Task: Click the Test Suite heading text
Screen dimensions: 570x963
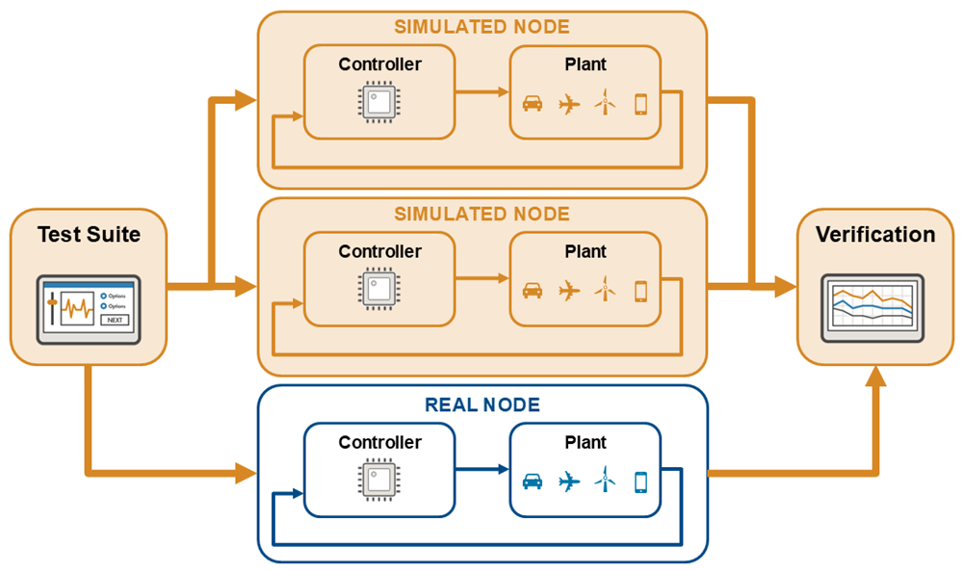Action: coord(89,234)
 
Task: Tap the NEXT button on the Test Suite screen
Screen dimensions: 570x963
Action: coord(115,320)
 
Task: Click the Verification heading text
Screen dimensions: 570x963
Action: coord(875,234)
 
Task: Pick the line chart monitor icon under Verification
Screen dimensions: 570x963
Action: coord(874,306)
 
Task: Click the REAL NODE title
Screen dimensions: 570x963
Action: coord(482,405)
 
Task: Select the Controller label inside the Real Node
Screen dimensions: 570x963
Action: coord(379,443)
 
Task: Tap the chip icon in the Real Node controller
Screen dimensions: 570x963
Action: coord(379,479)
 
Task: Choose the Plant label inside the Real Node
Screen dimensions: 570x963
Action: coord(586,443)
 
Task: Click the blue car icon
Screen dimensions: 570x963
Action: coord(533,480)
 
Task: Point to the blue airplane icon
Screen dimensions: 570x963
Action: coord(569,480)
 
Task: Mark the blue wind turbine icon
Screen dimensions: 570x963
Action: coord(605,479)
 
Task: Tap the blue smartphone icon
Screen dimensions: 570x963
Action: coord(640,480)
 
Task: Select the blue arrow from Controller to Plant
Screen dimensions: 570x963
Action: coord(481,470)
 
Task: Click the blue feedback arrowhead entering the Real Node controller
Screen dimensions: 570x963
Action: coord(297,495)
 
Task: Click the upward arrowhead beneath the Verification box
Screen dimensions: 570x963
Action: coord(874,376)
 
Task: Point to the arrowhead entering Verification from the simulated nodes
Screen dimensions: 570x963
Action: coord(786,286)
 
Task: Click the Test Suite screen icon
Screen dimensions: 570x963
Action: coord(89,309)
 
